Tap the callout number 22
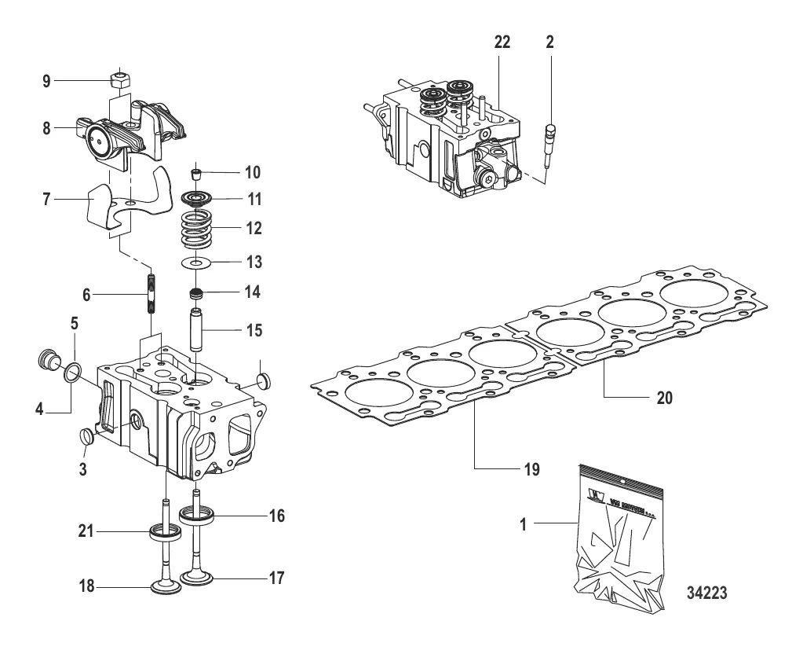[502, 42]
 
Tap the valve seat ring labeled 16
[199, 516]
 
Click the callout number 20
[665, 398]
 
